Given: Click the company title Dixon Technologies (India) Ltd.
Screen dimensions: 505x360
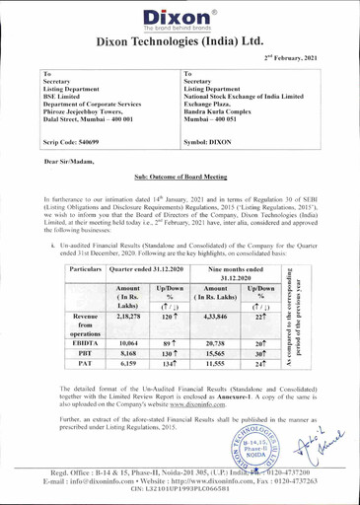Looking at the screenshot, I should pyautogui.click(x=180, y=42).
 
